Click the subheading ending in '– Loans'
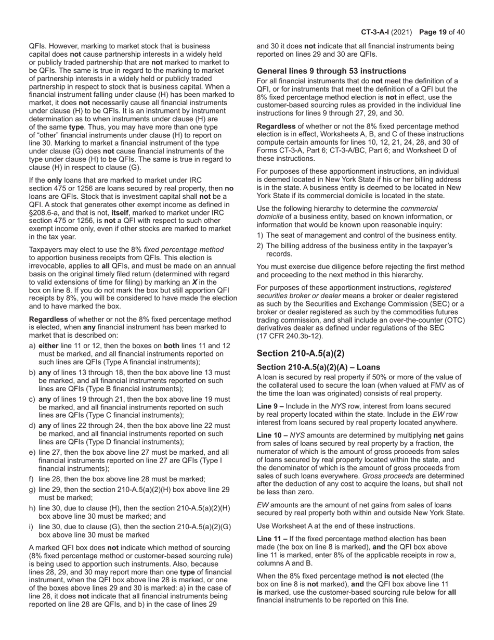point(318,367)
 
